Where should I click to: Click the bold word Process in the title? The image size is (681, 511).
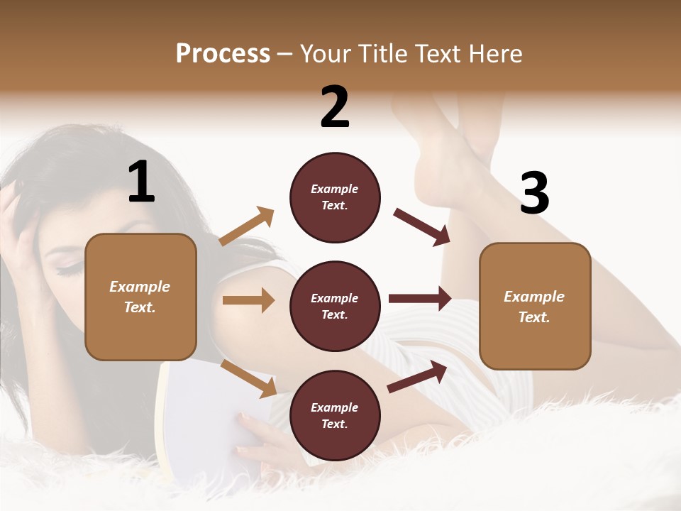[223, 54]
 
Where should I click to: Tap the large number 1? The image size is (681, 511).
[141, 182]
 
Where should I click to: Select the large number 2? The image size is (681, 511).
[335, 107]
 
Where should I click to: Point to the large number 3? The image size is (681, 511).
[534, 194]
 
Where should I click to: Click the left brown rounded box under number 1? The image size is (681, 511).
[140, 297]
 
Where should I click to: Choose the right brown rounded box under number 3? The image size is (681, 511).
[535, 306]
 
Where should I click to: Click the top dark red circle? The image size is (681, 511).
[335, 197]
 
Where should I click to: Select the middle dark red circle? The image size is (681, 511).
[335, 306]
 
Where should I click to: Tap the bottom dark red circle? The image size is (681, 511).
[335, 415]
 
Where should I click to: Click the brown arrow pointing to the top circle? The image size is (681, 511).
[247, 226]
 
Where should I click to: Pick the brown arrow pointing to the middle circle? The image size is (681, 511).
[248, 300]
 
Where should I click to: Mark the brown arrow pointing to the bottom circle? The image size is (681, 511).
[248, 378]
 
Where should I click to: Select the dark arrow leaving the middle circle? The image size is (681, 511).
[420, 299]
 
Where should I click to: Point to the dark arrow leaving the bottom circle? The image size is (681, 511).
[418, 376]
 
